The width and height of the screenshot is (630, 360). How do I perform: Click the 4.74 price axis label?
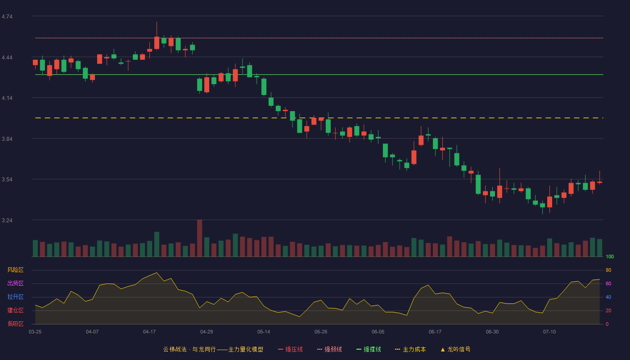(x=7, y=17)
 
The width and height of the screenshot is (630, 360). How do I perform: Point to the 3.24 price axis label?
(x=7, y=220)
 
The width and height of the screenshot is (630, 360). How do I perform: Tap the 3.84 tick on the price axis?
(x=7, y=139)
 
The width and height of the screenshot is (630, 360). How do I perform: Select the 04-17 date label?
(x=149, y=332)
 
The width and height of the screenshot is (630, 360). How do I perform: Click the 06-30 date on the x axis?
(x=492, y=332)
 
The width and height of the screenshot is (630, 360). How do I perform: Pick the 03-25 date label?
(x=35, y=332)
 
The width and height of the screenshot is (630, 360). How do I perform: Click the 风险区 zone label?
(x=15, y=270)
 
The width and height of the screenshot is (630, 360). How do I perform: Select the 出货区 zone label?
(x=15, y=283)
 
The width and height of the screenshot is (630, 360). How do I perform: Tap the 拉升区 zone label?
(x=15, y=297)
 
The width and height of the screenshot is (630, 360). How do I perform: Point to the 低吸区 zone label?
(x=15, y=324)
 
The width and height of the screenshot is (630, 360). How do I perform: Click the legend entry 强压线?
(x=290, y=349)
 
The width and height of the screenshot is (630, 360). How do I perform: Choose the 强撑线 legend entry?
(x=369, y=349)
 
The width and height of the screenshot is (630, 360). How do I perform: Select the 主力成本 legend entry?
(x=410, y=349)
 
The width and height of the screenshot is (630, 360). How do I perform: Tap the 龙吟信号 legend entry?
(x=455, y=349)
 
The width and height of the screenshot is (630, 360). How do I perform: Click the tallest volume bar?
(x=200, y=238)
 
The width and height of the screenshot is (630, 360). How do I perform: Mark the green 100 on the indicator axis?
(x=610, y=256)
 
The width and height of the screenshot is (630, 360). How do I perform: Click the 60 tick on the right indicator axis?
(x=608, y=283)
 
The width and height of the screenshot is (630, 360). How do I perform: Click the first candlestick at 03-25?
(x=35, y=63)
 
